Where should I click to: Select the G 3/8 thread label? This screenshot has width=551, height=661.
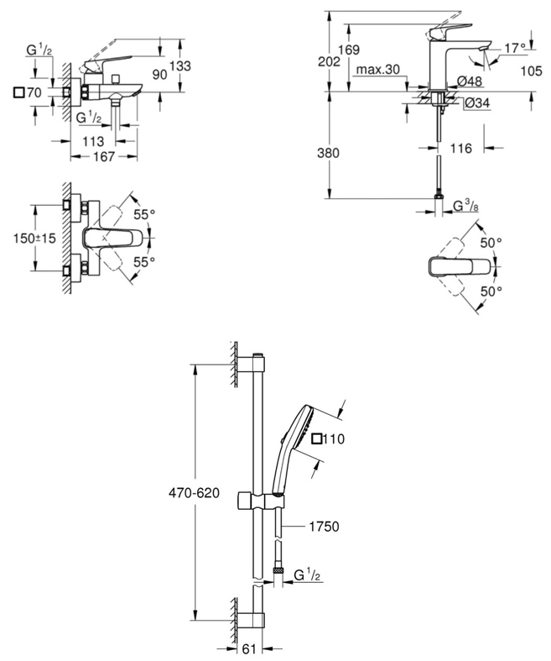tap(467, 206)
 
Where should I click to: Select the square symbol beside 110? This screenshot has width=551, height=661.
tap(316, 438)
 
